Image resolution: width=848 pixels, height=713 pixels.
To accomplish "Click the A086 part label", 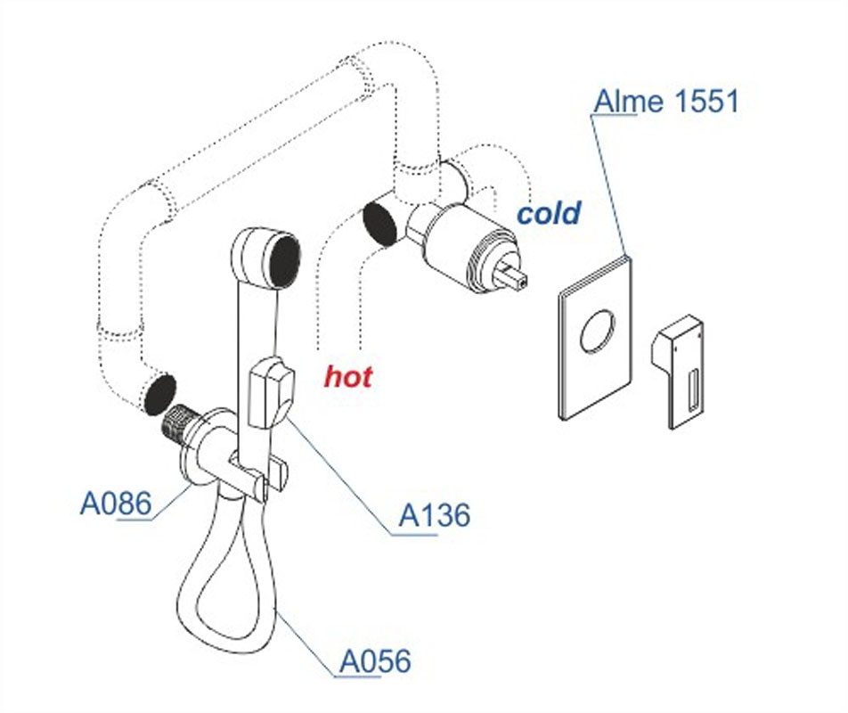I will (x=116, y=504).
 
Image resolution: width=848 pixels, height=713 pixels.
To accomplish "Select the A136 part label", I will (x=434, y=515).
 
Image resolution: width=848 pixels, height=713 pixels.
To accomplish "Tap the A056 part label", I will (x=375, y=661).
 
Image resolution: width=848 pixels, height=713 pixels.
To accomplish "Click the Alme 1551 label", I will (x=666, y=101).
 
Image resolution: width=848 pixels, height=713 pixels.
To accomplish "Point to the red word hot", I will (x=347, y=376).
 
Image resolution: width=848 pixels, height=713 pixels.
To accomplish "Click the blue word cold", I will (x=549, y=214).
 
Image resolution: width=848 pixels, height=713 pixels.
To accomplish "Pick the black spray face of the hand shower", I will (x=283, y=260).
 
